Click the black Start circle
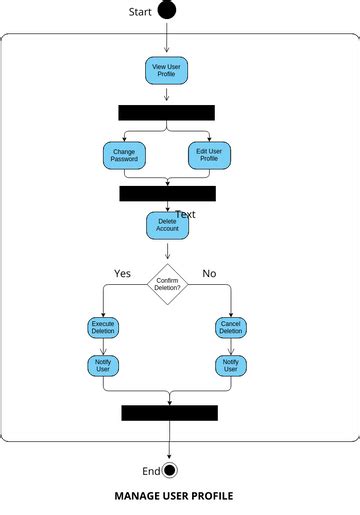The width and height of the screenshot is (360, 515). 167,11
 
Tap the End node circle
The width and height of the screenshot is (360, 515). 169,471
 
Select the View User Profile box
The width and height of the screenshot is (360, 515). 166,70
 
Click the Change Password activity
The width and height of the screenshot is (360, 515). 124,155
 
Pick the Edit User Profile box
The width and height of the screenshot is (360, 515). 208,155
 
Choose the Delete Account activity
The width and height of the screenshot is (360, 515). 167,225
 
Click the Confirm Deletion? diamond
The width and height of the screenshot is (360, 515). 167,285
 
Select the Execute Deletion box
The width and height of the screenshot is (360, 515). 103,327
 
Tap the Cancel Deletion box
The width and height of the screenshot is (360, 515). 231,327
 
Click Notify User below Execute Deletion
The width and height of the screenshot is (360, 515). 103,365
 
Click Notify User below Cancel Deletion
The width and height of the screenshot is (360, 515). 231,365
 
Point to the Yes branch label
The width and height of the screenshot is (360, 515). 122,273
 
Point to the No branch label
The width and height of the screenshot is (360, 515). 209,273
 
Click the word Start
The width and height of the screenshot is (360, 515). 141,12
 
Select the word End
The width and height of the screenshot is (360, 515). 151,471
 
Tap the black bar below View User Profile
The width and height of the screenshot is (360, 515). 166,112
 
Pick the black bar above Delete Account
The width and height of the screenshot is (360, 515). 167,193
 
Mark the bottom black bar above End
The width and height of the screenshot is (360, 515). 169,413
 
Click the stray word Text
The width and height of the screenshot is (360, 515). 185,214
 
